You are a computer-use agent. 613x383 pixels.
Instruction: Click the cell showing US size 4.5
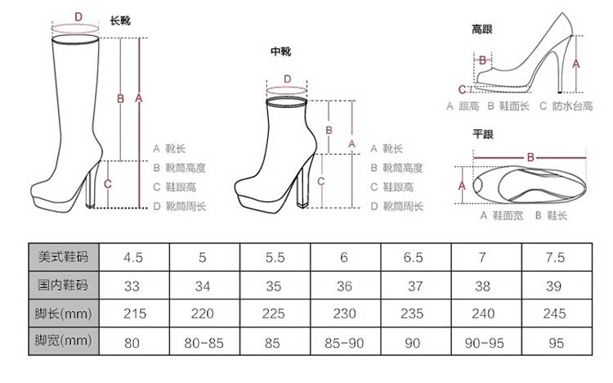pos(133,257)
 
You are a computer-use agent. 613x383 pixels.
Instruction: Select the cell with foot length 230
pos(344,313)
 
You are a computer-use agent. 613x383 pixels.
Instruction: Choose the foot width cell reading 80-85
pos(203,341)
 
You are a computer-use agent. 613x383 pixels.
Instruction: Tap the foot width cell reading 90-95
pos(483,341)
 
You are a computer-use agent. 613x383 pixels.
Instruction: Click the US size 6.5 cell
pos(414,257)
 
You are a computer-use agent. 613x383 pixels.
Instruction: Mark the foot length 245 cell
pos(554,313)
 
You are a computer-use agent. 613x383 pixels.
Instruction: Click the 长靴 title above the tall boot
pos(119,20)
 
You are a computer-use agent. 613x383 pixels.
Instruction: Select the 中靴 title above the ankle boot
pos(280,52)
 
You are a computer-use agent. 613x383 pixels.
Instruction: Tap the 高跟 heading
pos(481,30)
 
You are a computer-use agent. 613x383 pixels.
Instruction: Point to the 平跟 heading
pos(481,133)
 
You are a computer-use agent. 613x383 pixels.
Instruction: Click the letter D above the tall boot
pos(78,16)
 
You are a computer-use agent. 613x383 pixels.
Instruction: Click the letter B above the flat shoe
pos(530,156)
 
